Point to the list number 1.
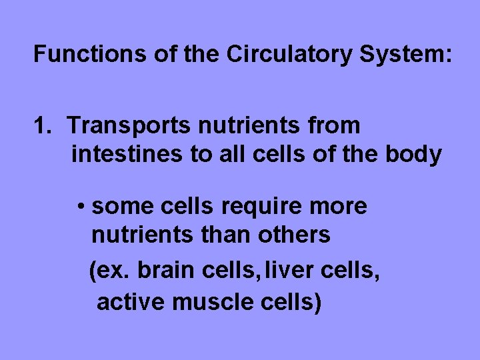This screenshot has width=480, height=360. [x=41, y=125]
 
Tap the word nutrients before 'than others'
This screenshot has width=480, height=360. [x=139, y=235]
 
